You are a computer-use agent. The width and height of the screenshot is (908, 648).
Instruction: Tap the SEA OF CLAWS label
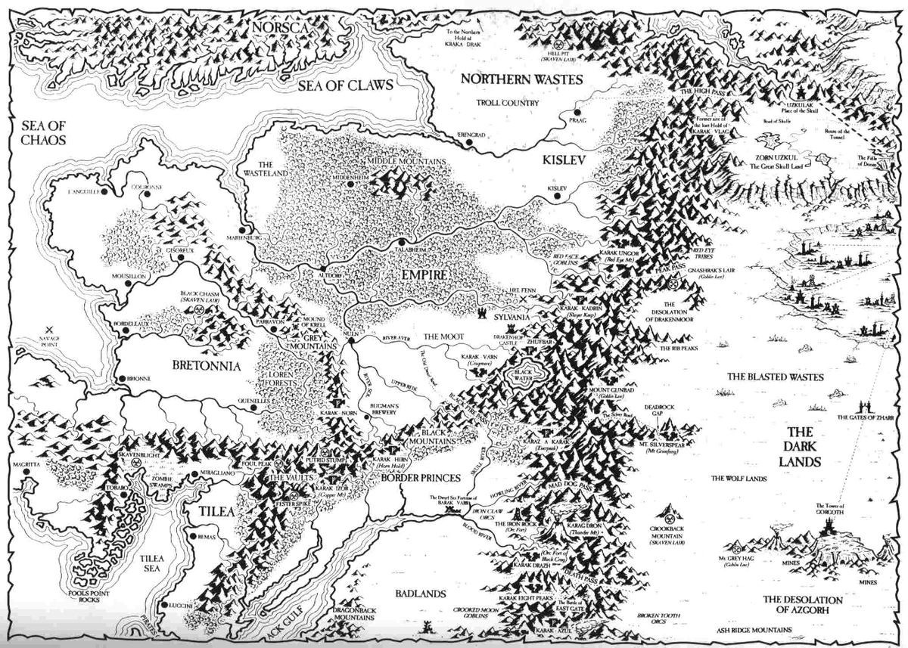tap(345, 85)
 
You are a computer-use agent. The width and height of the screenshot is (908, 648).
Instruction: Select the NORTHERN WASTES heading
tap(521, 79)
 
